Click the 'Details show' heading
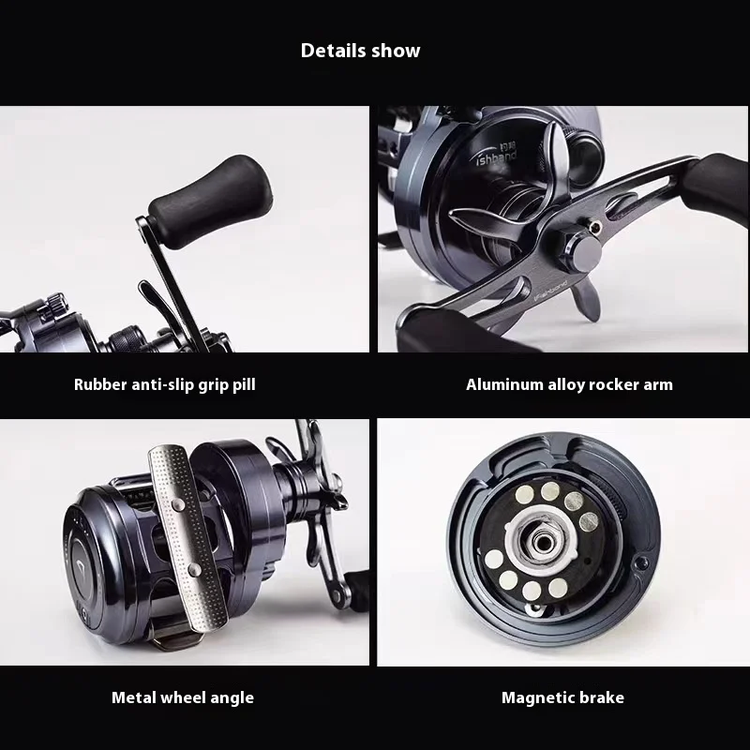click(360, 51)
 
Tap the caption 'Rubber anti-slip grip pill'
click(165, 384)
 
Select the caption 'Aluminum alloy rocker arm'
click(569, 384)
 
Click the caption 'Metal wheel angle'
click(183, 697)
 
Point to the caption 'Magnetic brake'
click(562, 697)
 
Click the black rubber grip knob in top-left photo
click(210, 202)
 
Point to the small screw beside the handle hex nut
click(595, 227)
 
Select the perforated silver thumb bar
click(187, 537)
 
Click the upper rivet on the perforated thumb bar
click(178, 504)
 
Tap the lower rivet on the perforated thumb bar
click(194, 569)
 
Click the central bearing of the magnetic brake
click(542, 542)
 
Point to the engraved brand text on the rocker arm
click(550, 292)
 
